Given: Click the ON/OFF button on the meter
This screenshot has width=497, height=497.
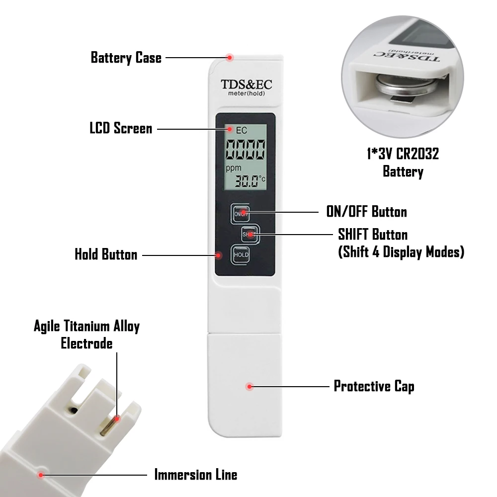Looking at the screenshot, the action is tap(241, 213).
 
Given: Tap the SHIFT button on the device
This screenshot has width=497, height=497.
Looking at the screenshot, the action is tap(250, 235).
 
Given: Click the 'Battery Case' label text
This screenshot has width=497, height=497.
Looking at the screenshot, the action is tap(126, 58).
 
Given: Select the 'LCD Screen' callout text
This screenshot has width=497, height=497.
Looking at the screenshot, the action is tap(121, 128).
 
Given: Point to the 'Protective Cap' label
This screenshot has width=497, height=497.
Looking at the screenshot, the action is tap(374, 386).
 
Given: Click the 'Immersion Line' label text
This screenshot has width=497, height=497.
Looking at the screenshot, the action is tap(195, 475).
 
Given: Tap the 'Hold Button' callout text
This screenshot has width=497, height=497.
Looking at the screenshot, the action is tap(106, 254).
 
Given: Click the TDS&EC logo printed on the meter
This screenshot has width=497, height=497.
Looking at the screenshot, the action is tap(247, 84).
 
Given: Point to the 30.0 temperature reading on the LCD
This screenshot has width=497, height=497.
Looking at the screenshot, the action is tap(247, 181).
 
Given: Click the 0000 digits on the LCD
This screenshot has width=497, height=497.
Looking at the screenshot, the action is tap(245, 149).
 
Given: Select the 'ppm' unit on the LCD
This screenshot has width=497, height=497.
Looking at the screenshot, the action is tap(234, 168).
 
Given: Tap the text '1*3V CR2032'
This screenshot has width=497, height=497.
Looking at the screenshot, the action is tap(403, 154).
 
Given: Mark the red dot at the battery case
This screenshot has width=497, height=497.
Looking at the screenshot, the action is tap(230, 58).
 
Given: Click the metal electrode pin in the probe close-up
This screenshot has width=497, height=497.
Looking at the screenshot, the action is tap(110, 426).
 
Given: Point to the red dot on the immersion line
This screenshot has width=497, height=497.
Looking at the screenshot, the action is tap(41, 475).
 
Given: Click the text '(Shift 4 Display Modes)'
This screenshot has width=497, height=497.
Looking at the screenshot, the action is tap(401, 252).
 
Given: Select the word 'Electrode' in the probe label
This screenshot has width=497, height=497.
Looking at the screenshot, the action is tap(86, 343).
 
